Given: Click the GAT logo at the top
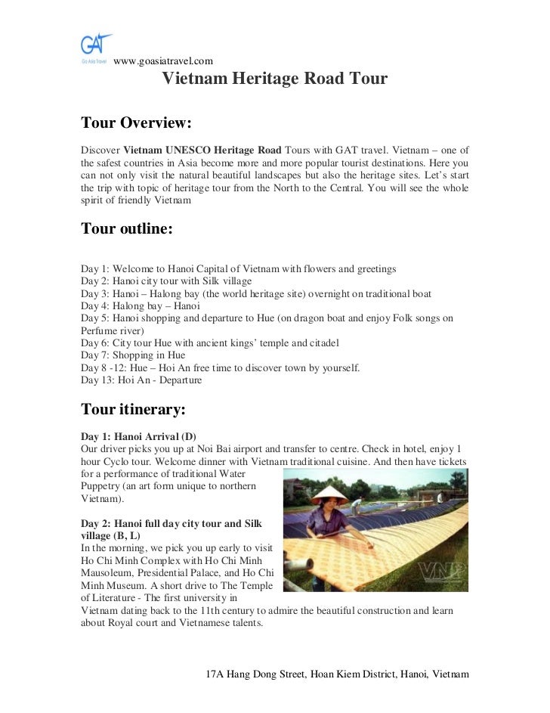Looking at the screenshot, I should (x=97, y=47).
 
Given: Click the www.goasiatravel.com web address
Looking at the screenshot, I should (x=163, y=60).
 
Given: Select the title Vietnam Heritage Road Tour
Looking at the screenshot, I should (x=275, y=79).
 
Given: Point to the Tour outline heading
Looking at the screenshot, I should (x=127, y=228).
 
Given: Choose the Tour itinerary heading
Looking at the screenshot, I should (x=133, y=410).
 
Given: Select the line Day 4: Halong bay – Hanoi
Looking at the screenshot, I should (x=141, y=306).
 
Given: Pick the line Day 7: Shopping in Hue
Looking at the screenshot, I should (x=133, y=355).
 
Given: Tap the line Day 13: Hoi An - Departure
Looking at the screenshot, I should (x=141, y=380).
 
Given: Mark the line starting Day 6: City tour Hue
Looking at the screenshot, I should (x=210, y=343).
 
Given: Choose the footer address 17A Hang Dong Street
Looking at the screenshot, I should (x=338, y=674).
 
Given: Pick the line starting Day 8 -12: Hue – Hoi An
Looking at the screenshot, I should (x=221, y=368).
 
